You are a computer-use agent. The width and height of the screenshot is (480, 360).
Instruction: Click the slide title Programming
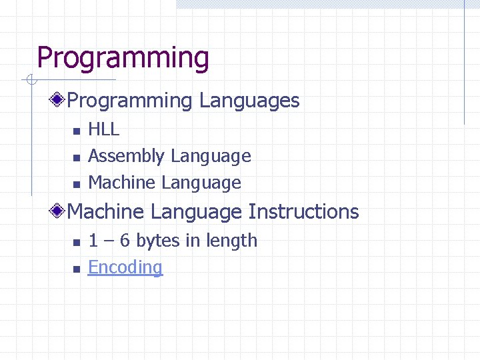[x=123, y=58]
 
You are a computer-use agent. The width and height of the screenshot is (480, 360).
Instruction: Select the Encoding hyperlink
[x=125, y=267]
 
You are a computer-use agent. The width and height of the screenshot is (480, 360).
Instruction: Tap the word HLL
[x=103, y=129]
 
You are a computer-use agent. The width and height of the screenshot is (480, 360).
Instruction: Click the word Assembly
[x=126, y=156]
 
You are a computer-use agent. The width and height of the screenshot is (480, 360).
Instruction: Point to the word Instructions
[x=303, y=212]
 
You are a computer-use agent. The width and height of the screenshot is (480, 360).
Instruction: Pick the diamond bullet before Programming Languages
[x=59, y=101]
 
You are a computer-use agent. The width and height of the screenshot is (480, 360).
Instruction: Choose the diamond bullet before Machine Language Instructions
[x=59, y=212]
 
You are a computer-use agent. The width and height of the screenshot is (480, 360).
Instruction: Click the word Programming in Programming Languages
[x=129, y=101]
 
